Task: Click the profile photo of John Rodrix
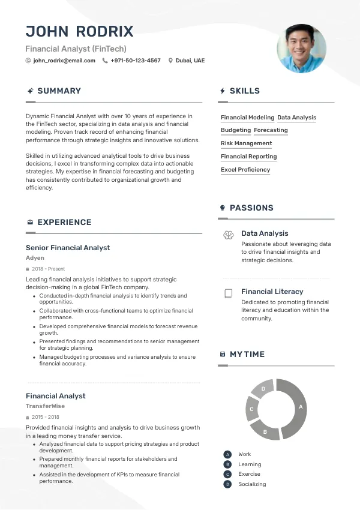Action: [x=301, y=48]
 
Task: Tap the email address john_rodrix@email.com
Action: [x=64, y=61]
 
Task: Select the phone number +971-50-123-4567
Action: [x=136, y=61]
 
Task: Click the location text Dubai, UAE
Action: [x=190, y=61]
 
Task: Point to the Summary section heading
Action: [x=59, y=91]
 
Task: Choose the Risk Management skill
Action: [x=246, y=143]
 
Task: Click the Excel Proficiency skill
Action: [x=245, y=170]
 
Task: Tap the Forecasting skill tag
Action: [x=271, y=130]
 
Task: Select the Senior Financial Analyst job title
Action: [x=68, y=248]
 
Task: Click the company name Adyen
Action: [x=35, y=258]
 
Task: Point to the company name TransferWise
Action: [x=45, y=406]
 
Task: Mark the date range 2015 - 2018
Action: [x=46, y=417]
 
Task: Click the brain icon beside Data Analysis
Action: [x=228, y=235]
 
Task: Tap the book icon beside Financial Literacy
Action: [x=228, y=293]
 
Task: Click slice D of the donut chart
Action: [x=263, y=389]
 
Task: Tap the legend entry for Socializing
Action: [x=252, y=484]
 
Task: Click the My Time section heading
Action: [x=247, y=355]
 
